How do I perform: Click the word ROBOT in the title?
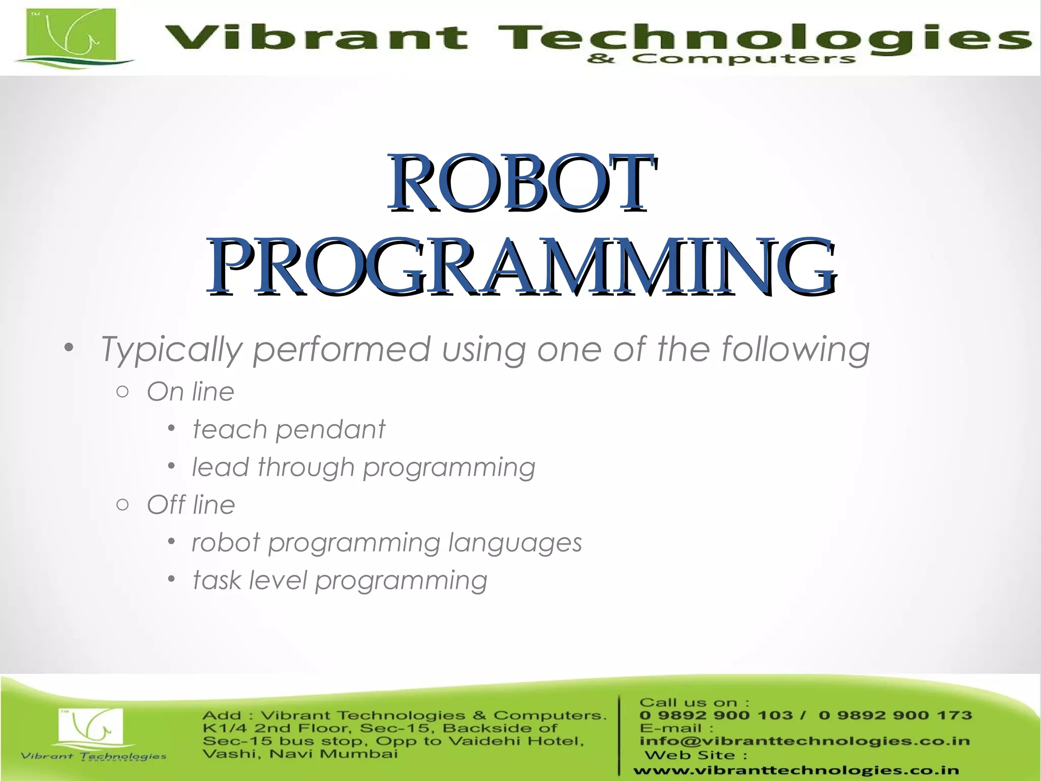522,183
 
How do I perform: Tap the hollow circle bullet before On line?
122,392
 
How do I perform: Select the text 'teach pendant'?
289,430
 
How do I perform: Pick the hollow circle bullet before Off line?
122,504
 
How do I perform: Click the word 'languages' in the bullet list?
515,543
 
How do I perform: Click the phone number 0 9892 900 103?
716,715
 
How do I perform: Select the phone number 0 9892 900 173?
895,715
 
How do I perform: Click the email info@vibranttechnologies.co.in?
805,741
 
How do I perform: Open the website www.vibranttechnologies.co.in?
796,770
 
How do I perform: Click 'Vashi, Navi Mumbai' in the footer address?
300,754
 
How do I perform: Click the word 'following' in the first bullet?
795,350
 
